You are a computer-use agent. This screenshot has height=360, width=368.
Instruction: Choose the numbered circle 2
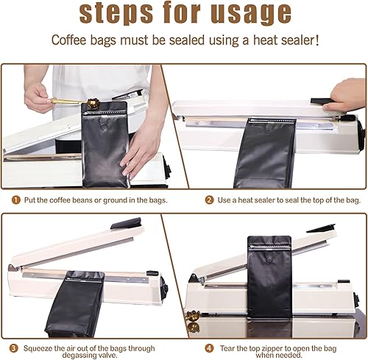pyautogui.click(x=209, y=199)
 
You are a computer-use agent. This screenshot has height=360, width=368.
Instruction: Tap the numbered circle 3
pyautogui.click(x=15, y=347)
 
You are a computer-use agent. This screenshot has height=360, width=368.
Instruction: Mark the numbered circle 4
pyautogui.click(x=209, y=347)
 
